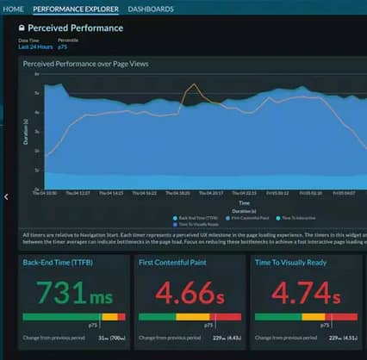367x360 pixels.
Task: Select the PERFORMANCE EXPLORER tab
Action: coord(77,9)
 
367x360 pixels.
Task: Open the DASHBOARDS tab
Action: coord(151,9)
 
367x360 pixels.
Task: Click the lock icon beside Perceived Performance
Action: coord(22,28)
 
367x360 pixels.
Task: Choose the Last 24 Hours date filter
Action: coord(35,47)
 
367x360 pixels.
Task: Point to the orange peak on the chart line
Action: coord(195,84)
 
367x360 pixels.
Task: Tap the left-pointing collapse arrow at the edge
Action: coord(6,196)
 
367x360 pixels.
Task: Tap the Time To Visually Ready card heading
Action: coord(294,261)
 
